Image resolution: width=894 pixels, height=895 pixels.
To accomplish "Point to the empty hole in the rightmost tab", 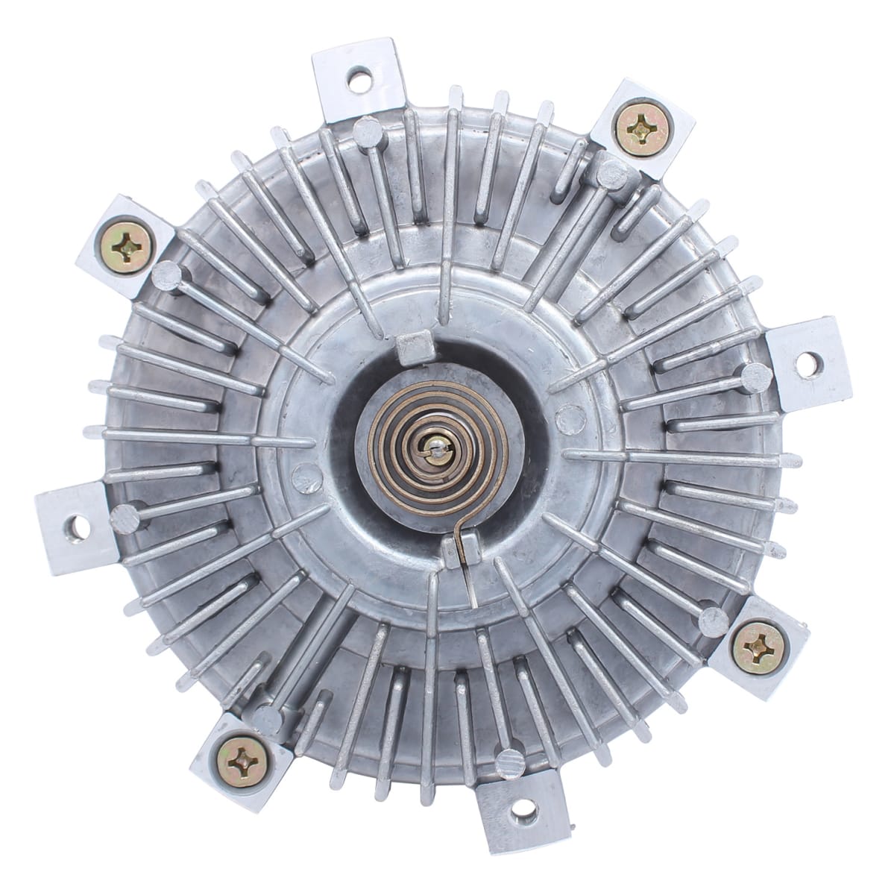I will point(805,362).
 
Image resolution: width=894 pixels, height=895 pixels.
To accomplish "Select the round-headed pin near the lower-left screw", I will point(268,717).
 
